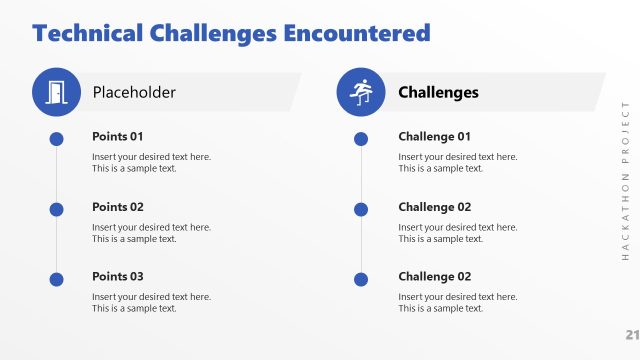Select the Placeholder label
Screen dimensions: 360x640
134,92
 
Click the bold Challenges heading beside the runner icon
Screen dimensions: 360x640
438,92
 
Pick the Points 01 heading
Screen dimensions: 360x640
118,136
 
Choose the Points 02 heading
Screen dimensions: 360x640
118,207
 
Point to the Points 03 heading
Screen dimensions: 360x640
118,276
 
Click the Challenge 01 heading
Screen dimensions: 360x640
434,136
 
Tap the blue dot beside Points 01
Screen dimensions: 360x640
56,139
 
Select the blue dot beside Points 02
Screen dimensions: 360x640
56,209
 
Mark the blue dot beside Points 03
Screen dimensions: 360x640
56,279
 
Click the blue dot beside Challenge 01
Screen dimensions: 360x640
362,139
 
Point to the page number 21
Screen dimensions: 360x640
632,334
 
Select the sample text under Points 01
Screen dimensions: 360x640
151,162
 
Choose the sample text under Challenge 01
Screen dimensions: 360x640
457,162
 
